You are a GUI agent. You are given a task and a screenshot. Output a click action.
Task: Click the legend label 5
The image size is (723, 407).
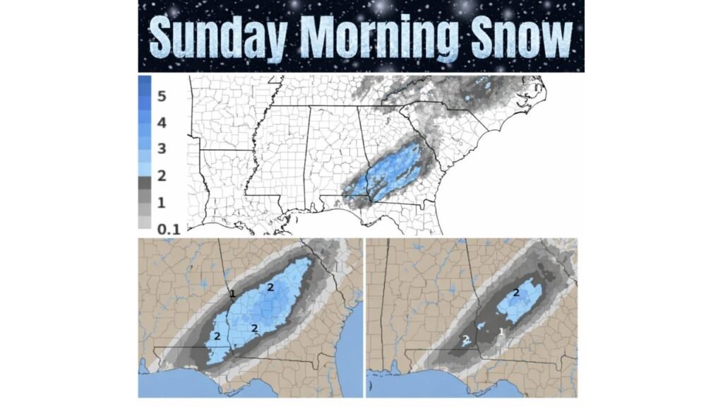161,96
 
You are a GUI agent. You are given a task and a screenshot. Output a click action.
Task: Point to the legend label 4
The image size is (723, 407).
161,123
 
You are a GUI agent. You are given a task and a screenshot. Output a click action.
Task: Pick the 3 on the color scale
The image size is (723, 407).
161,149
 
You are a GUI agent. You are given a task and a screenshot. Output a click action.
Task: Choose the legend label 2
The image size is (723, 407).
161,176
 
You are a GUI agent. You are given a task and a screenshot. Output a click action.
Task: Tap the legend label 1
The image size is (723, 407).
161,203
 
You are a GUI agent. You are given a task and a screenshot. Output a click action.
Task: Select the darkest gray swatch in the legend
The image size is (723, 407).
145,182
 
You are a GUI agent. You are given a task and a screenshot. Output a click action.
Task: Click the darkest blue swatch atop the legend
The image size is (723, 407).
145,83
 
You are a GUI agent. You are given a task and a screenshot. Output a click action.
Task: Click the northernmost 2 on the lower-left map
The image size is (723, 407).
270,287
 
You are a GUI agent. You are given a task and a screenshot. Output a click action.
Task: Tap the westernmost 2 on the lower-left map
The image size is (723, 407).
217,335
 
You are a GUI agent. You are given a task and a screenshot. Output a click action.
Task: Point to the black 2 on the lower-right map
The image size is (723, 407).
516,293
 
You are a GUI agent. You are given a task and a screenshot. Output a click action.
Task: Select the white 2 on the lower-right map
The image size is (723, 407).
465,340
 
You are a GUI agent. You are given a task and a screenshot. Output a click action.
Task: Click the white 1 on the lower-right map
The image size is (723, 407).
501,331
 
